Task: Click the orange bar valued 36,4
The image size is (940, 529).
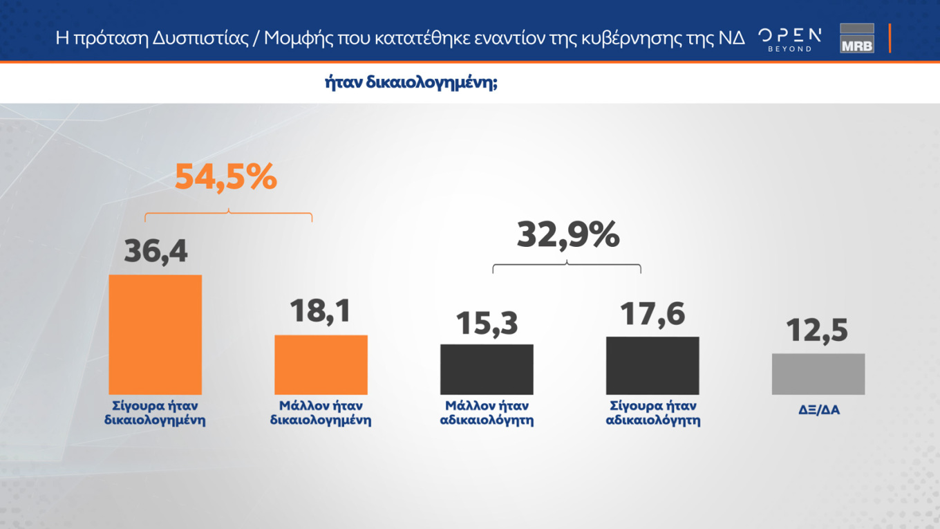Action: [155, 335]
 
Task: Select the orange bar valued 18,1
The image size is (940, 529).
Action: [321, 364]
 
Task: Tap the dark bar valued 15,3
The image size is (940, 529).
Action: [487, 369]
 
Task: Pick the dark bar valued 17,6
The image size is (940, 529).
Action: [652, 366]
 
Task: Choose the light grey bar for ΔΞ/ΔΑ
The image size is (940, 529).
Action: [818, 374]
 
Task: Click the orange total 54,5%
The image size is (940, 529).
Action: [225, 177]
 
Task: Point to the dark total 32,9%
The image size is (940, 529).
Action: [568, 235]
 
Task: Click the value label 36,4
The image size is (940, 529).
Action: [156, 251]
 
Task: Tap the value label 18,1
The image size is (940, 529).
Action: [320, 311]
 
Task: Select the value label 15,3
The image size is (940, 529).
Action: [487, 323]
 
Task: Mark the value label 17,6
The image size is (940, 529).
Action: [652, 314]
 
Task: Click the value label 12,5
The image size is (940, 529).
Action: [817, 331]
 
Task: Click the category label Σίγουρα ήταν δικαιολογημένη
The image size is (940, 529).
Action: [155, 413]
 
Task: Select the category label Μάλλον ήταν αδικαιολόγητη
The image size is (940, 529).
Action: [487, 413]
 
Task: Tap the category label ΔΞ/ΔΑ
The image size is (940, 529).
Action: [818, 410]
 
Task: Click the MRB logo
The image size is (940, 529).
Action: [856, 39]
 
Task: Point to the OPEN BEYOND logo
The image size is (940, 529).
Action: [789, 39]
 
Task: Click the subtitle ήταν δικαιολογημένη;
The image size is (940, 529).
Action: [411, 83]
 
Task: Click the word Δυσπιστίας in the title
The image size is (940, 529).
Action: [206, 38]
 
